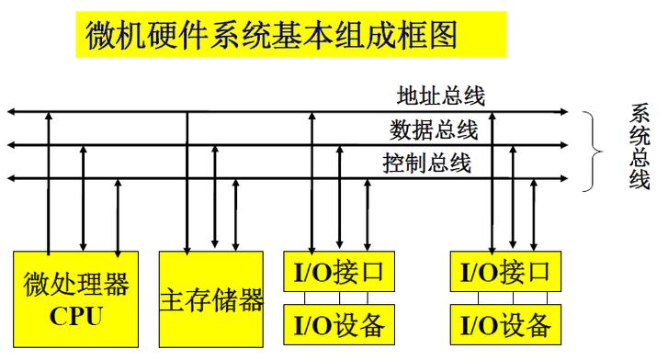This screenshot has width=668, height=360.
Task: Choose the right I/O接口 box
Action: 506,272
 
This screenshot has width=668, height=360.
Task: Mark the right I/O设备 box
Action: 506,322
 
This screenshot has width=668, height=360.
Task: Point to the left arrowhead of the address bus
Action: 11,112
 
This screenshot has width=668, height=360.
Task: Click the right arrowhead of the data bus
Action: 564,145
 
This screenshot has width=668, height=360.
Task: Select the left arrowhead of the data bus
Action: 11,145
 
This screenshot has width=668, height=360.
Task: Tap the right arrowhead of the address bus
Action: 564,112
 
